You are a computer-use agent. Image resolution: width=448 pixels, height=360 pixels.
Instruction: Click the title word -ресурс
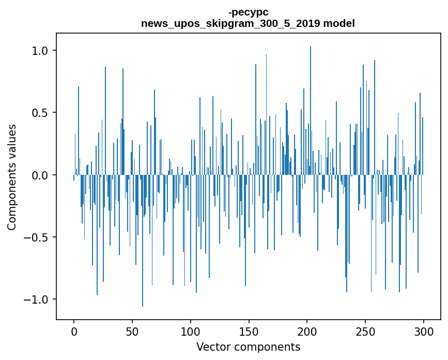point(248,12)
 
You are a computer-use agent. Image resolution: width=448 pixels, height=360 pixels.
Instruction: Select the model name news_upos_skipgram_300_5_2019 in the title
point(230,23)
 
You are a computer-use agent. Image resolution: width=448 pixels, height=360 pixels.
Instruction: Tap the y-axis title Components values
point(12,177)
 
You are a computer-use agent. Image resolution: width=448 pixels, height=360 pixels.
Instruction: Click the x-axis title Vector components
point(248,347)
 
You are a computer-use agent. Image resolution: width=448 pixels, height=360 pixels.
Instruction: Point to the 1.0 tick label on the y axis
point(40,51)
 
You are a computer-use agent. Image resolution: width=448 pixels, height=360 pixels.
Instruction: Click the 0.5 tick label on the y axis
point(40,113)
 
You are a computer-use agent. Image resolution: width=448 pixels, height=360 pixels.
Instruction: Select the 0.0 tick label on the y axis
point(40,175)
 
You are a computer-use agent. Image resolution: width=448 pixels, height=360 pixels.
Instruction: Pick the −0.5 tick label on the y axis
point(36,237)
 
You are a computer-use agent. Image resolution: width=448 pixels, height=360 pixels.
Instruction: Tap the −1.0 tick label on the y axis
point(36,299)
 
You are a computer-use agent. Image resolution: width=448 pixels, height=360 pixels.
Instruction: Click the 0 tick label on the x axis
point(74,332)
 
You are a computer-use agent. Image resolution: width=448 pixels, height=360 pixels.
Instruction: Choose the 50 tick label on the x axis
point(132,332)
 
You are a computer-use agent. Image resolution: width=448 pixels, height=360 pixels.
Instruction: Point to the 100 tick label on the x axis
point(191,332)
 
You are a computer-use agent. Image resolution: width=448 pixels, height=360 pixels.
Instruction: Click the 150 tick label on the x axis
point(249,332)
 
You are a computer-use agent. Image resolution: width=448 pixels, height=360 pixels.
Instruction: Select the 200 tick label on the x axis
point(307,332)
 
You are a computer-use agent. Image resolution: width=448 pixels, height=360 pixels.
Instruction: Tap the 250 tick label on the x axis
point(365,332)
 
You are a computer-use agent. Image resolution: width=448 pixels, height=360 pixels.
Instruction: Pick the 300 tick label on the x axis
point(424,332)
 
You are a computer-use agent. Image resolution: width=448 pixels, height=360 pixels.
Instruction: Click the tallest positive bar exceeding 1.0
point(311,110)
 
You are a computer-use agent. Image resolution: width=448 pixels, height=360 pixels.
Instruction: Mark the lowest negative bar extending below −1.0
point(143,241)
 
